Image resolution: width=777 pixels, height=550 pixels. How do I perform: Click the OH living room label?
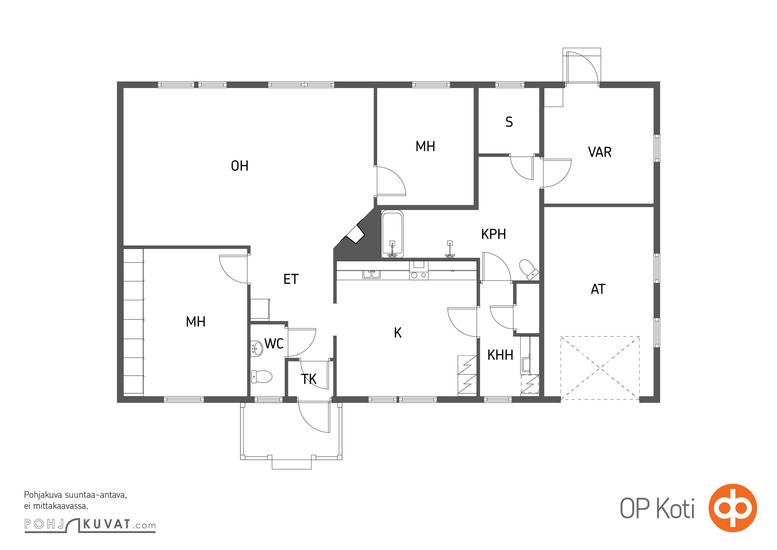click(x=239, y=166)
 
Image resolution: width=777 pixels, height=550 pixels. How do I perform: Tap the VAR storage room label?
click(x=600, y=152)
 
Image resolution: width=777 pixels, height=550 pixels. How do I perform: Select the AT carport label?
click(x=598, y=289)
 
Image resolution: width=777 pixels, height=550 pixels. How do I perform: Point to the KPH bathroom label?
click(x=494, y=234)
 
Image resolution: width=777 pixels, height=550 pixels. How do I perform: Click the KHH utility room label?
click(x=500, y=355)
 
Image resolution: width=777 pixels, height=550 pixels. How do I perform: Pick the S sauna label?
click(x=509, y=122)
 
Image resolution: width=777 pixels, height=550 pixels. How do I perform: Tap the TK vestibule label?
click(x=308, y=379)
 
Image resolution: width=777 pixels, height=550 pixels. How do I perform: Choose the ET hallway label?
click(x=291, y=279)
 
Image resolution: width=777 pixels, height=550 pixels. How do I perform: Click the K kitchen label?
click(x=398, y=333)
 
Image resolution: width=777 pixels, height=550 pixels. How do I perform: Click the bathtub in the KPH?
click(x=392, y=234)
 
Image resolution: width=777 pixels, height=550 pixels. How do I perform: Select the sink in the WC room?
click(x=257, y=348)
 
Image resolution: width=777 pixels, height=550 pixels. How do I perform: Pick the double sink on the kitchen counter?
click(x=372, y=274)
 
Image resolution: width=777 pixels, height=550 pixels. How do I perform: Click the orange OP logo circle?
click(x=733, y=508)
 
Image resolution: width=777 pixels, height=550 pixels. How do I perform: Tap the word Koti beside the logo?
click(x=675, y=508)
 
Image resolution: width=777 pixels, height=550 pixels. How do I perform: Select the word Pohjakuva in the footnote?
click(x=43, y=495)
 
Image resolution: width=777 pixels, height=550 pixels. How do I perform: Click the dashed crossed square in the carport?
click(x=600, y=368)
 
